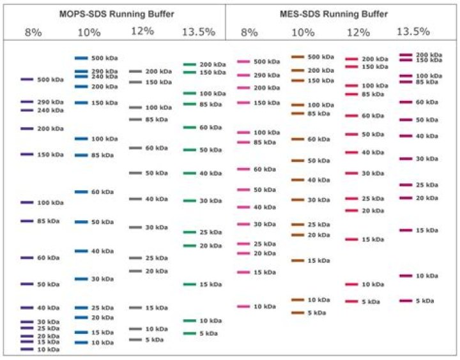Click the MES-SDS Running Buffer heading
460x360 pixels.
pyautogui.click(x=342, y=13)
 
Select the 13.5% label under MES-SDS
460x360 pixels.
pyautogui.click(x=413, y=31)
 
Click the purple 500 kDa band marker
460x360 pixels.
pyautogui.click(x=26, y=80)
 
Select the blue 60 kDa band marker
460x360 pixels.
pyautogui.click(x=80, y=191)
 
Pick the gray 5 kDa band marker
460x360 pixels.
pyautogui.click(x=135, y=340)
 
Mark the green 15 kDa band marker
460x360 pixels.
pyautogui.click(x=189, y=284)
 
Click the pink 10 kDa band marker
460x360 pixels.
pyautogui.click(x=243, y=306)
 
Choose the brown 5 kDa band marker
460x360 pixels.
pyautogui.click(x=298, y=313)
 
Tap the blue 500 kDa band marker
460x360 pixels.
pyautogui.click(x=80, y=58)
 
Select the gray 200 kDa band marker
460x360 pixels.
pyautogui.click(x=135, y=71)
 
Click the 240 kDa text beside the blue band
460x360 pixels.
pyautogui.click(x=104, y=77)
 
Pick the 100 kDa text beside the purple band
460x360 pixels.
pyautogui.click(x=50, y=203)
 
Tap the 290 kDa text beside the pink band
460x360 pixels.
pyautogui.click(x=266, y=75)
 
